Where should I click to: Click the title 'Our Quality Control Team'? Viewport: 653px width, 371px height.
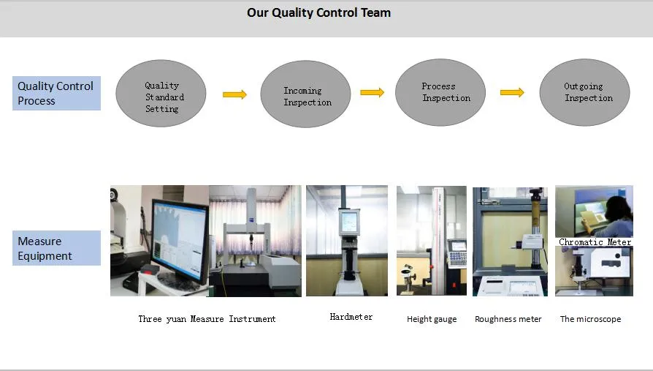click(318, 13)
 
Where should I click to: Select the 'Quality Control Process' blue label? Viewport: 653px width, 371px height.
click(56, 93)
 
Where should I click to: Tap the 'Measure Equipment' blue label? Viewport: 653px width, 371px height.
click(56, 248)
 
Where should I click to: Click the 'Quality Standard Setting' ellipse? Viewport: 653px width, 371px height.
click(161, 94)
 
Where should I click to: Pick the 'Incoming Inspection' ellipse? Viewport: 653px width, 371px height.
click(306, 94)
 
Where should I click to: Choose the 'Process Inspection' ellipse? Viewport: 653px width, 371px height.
click(440, 92)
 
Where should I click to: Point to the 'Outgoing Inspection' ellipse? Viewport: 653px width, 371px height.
click(584, 92)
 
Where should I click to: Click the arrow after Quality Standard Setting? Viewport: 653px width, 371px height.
click(234, 94)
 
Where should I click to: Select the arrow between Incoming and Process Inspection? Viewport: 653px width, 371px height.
click(373, 92)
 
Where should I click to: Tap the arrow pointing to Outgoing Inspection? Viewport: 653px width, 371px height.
click(512, 92)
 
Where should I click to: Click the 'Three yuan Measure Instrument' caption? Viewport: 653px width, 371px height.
click(207, 319)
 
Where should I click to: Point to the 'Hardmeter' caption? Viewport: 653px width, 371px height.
click(351, 317)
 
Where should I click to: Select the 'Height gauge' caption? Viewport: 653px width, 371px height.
click(432, 319)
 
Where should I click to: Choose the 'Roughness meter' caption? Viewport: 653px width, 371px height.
click(508, 319)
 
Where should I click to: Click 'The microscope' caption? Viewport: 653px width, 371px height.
click(590, 319)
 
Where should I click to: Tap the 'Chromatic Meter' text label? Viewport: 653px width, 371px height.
click(595, 241)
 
